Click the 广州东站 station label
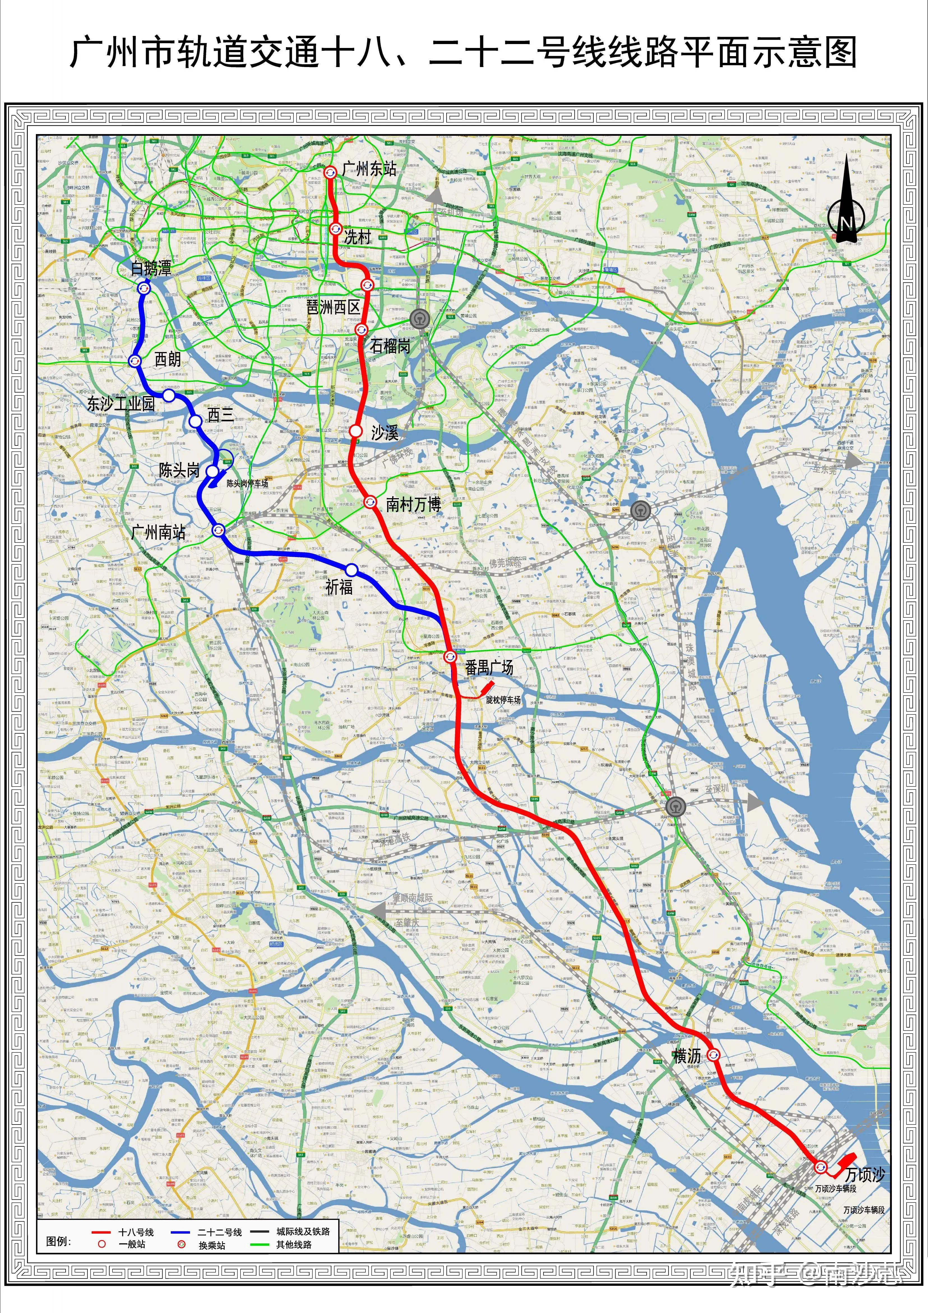coord(369,169)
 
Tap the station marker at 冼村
coord(335,229)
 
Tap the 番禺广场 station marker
coord(450,656)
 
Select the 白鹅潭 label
coord(151,268)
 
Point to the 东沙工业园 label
coord(121,404)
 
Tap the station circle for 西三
coord(195,422)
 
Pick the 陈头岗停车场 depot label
coord(247,483)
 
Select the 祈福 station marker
coord(351,570)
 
